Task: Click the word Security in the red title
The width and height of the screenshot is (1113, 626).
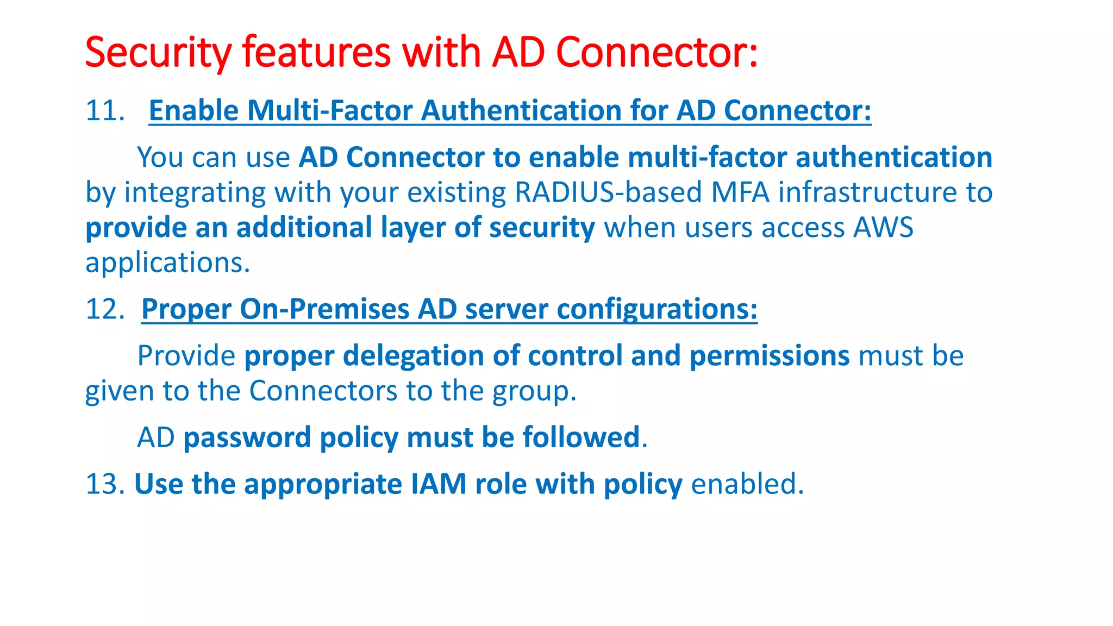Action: [x=158, y=53]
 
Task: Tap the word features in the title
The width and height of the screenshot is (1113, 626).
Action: [x=316, y=53]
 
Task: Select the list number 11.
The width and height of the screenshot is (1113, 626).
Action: [x=104, y=111]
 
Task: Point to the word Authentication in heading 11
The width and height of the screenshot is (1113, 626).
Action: [x=521, y=111]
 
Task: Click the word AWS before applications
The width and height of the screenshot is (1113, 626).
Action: [x=883, y=227]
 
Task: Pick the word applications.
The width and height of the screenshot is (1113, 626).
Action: [x=167, y=263]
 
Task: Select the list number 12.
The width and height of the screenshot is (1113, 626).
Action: [x=104, y=309]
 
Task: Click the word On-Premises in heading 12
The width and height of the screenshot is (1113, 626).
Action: [x=324, y=309]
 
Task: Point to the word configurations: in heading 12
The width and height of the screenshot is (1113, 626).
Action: [x=656, y=309]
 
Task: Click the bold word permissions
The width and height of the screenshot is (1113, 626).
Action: [x=769, y=356]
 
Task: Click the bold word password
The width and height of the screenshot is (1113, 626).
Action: [x=247, y=437]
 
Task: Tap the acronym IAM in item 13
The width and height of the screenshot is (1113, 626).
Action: [x=438, y=484]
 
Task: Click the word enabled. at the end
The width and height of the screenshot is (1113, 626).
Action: [x=747, y=484]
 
